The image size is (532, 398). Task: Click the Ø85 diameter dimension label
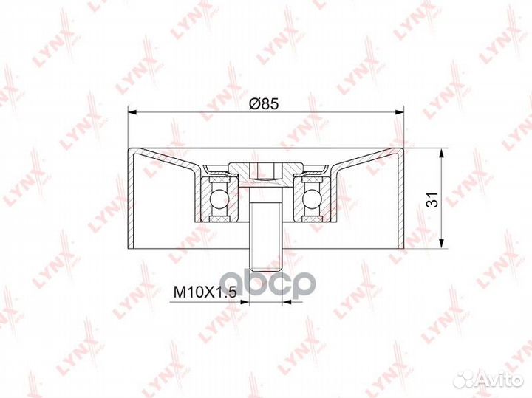(x=264, y=103)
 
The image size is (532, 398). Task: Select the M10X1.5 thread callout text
(x=205, y=292)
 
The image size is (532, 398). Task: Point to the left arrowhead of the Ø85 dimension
(x=132, y=111)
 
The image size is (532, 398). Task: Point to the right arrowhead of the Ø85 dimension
(x=400, y=111)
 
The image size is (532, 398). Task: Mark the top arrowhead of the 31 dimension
(x=441, y=153)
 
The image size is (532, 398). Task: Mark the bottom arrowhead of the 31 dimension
(x=441, y=244)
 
